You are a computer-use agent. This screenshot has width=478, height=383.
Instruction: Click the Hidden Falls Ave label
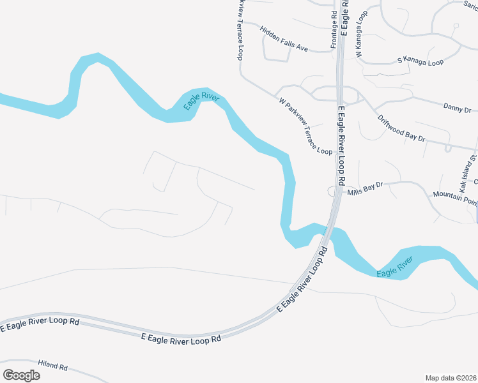(284, 39)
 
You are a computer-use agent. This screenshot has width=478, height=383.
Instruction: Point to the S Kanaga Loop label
(420, 62)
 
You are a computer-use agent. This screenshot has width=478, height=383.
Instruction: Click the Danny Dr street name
(456, 109)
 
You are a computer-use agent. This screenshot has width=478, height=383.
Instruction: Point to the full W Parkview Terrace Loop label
(305, 126)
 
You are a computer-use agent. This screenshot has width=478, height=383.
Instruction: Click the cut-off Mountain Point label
(455, 198)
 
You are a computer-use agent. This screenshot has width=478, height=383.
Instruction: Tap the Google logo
(21, 375)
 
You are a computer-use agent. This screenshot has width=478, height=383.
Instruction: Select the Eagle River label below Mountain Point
(395, 267)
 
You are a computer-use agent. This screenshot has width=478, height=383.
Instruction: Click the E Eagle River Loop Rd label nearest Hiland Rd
(181, 338)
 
